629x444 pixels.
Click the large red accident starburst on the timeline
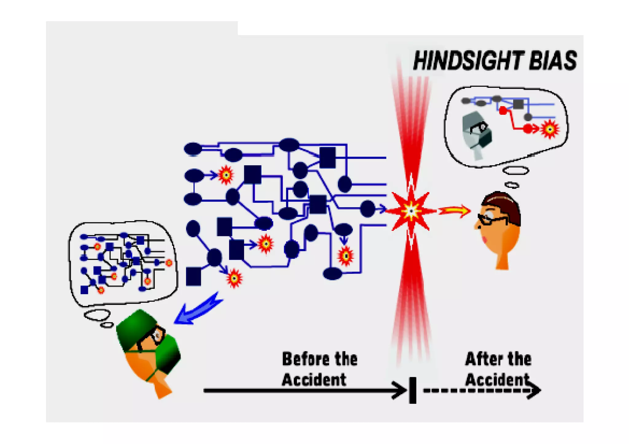point(411,211)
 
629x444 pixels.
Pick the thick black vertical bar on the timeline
point(413,390)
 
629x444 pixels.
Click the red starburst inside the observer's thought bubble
point(550,129)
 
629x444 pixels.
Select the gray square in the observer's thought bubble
point(518,104)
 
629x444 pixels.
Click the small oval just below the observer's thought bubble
point(512,185)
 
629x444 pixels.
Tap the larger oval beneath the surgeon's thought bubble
point(97,315)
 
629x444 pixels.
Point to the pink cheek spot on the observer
point(485,239)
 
